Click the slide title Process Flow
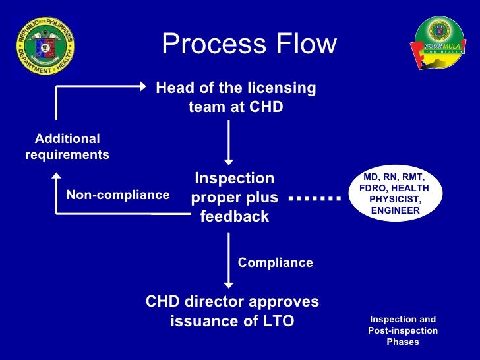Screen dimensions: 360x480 coord(249,45)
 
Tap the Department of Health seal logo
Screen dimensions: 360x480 coord(45,45)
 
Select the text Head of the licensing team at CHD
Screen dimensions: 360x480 coord(235,97)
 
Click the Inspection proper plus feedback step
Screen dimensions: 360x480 coord(234,197)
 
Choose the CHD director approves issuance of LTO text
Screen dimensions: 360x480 coord(232,311)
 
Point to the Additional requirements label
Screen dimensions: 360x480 coord(67,146)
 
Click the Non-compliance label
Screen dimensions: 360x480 coord(118,195)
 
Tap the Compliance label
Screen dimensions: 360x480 coord(275,262)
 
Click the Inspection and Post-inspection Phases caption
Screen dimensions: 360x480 coord(402,330)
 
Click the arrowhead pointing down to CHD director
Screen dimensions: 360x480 coord(229,284)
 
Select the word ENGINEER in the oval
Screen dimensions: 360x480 coord(396,210)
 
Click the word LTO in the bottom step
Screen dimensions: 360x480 coord(277,321)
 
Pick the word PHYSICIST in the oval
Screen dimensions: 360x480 coord(396,199)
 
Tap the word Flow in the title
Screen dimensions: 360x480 coord(304,45)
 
